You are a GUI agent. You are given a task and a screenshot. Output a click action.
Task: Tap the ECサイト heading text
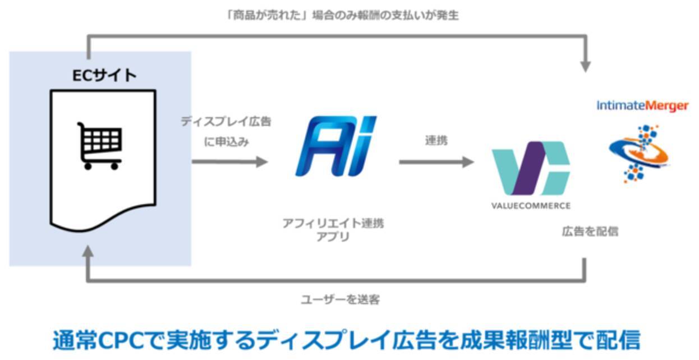coord(104,75)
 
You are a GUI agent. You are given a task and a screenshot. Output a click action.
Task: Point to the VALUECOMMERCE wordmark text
coord(531,206)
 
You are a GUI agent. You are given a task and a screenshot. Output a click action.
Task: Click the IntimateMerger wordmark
coord(642,106)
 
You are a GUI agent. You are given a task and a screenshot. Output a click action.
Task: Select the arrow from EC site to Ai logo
coord(229,162)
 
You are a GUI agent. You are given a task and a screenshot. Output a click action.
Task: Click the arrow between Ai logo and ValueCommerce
coord(436,162)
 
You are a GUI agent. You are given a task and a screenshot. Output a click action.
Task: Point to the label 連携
coord(436,141)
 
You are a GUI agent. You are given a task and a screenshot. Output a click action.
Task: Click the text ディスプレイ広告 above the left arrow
coord(226,122)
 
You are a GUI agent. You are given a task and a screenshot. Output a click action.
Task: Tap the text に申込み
coord(226,142)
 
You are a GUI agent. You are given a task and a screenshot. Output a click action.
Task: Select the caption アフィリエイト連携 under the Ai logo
coord(333,223)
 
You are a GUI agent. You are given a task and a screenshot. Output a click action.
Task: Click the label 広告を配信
coord(590,231)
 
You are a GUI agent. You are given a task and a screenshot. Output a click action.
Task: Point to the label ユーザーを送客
coord(340,299)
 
